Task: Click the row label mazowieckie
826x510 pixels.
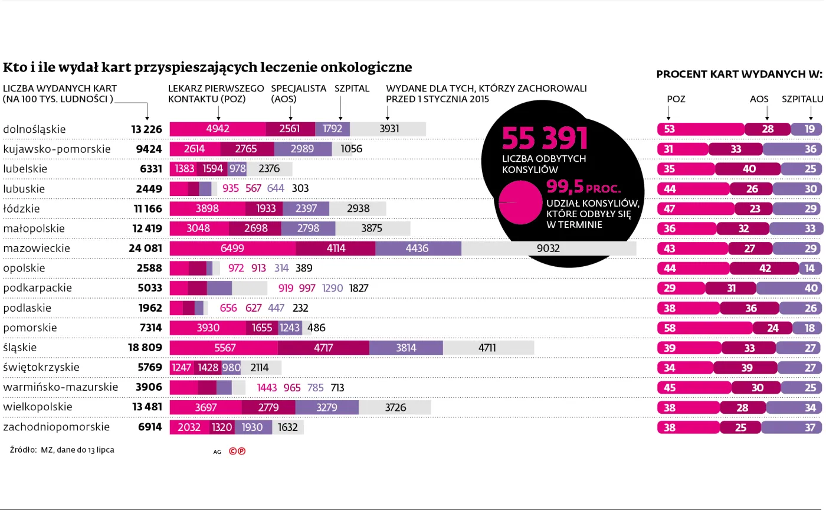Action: pos(37,249)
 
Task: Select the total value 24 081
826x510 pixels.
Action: pos(145,249)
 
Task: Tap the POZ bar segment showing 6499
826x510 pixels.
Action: pos(232,249)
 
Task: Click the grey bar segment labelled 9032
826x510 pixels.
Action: pos(548,249)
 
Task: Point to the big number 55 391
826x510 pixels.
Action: pos(545,138)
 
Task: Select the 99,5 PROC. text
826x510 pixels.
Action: pos(583,187)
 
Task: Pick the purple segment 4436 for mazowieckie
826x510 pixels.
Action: pos(417,249)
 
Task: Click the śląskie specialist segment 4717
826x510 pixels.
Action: pos(323,348)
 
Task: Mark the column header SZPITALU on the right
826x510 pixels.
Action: pos(802,99)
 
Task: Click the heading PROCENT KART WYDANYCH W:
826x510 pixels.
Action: pos(739,74)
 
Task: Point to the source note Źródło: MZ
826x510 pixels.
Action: pos(62,450)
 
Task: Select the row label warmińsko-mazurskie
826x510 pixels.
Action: pos(60,387)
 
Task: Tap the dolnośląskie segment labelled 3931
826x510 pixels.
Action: pos(388,129)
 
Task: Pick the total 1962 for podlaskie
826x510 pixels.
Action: pos(150,308)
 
